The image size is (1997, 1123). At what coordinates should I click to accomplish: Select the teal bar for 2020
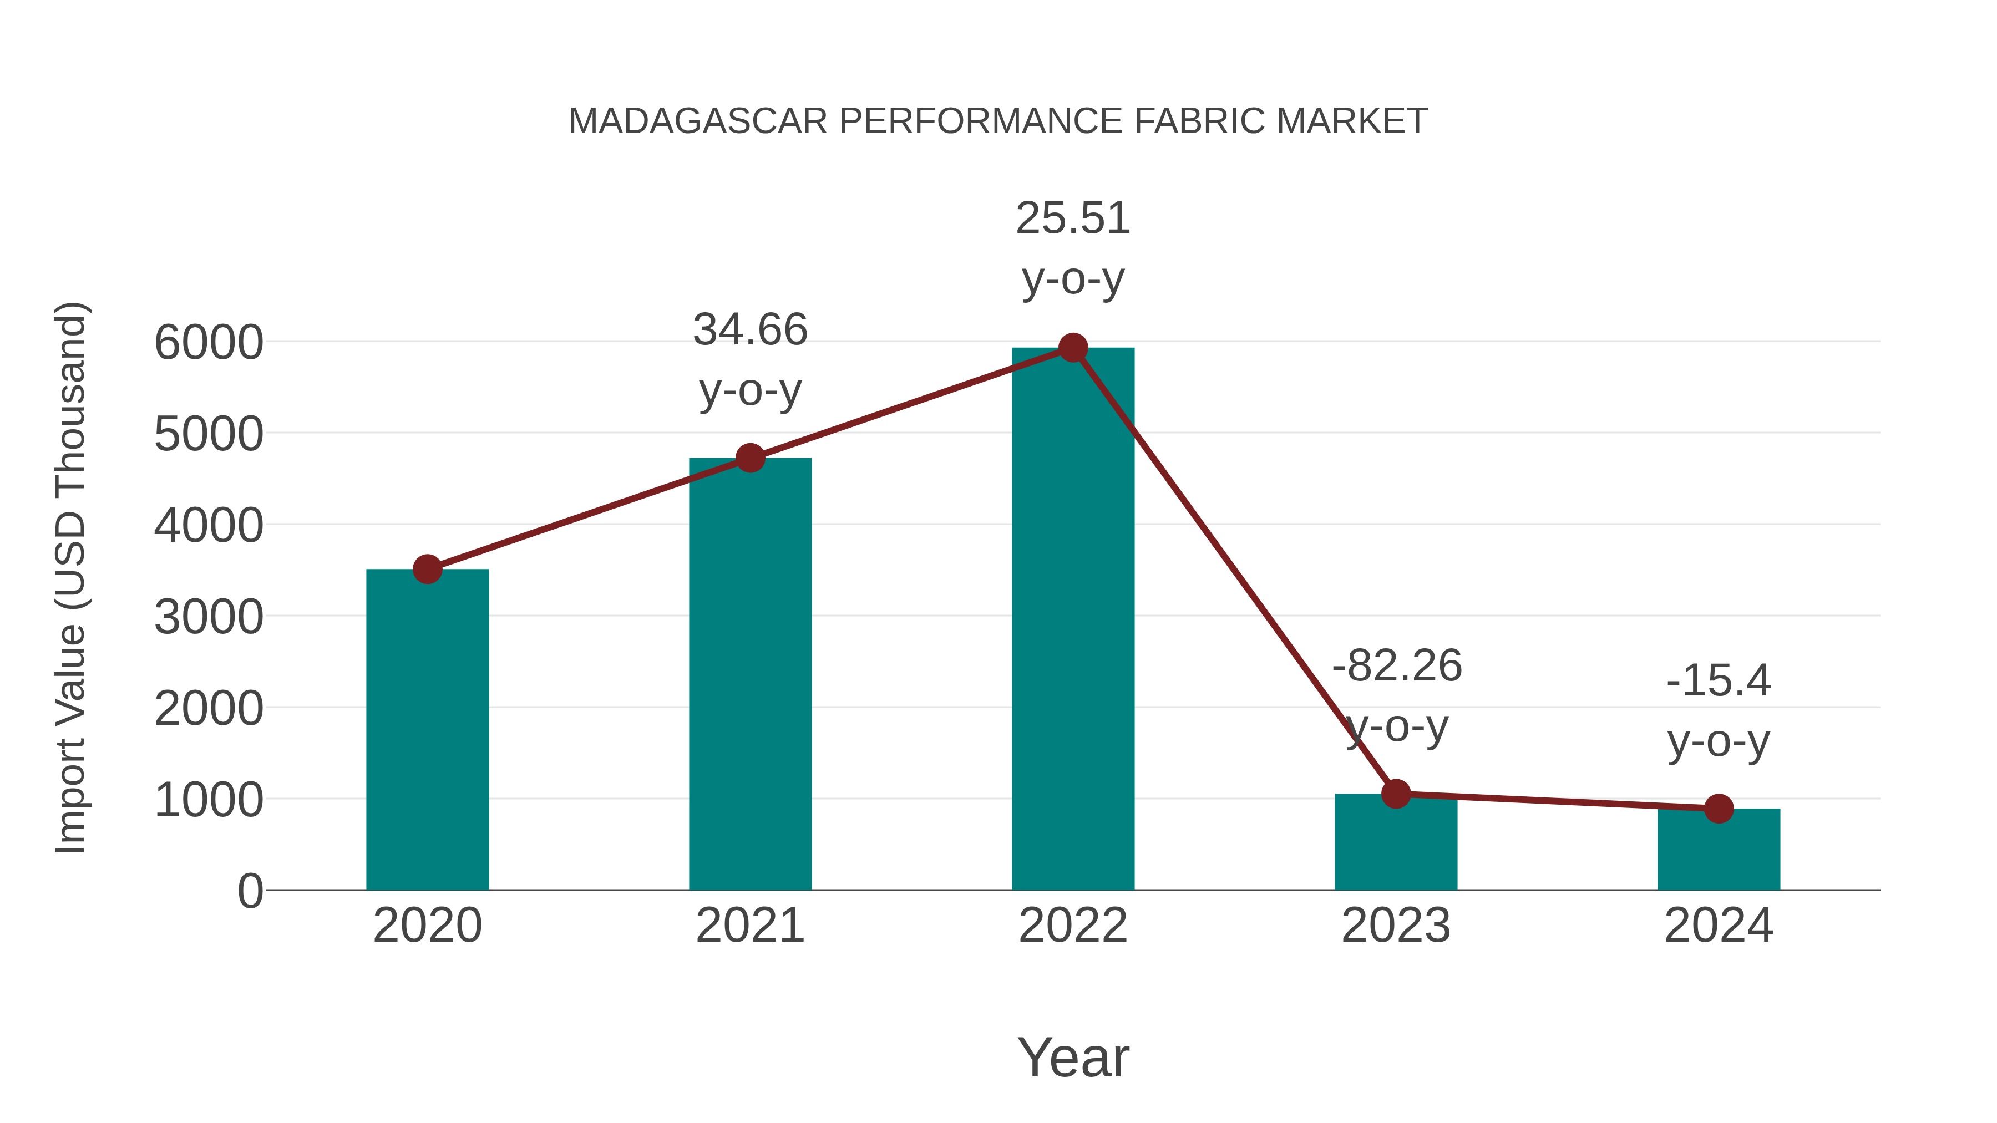(427, 729)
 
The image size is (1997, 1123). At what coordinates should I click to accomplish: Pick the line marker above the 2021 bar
(749, 458)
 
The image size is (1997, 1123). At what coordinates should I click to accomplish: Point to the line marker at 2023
(1396, 794)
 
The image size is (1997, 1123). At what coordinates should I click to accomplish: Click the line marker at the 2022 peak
(1073, 348)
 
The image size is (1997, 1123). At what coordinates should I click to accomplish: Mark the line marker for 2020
(427, 570)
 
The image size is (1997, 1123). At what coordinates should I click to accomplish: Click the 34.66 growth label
(749, 329)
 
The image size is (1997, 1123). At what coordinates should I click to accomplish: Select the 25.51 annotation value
(1073, 218)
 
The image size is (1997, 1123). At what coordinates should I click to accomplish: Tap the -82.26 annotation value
(1396, 665)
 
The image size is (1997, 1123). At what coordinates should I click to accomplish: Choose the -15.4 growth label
(1719, 680)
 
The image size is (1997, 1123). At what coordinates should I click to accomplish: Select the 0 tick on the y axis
(250, 891)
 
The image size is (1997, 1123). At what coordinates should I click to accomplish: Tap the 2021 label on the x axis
(749, 926)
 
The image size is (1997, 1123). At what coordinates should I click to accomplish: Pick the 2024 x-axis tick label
(1719, 926)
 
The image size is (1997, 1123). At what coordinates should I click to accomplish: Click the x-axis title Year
(1073, 1057)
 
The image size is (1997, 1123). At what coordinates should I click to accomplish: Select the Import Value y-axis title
(70, 577)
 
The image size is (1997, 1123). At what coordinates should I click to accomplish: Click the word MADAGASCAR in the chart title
(698, 121)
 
